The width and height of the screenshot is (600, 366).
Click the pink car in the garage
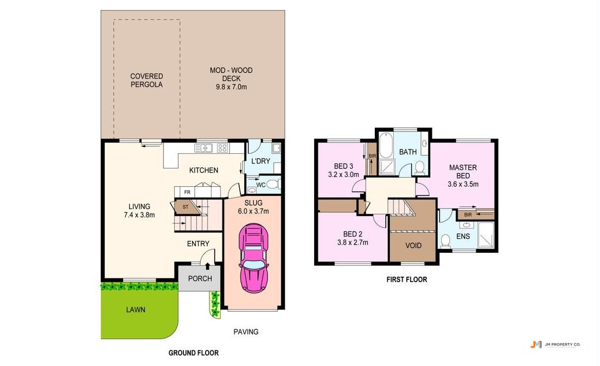tap(253, 258)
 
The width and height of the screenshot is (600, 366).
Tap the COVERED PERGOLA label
tap(146, 80)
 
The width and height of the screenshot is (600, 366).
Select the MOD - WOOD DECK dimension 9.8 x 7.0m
tap(231, 87)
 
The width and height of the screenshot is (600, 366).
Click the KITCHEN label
tap(203, 170)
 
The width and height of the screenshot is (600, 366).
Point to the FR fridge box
tap(187, 192)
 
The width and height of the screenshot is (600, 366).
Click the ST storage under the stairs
tap(186, 207)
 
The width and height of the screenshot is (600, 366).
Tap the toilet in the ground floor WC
tap(272, 185)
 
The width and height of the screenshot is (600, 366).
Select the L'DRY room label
tap(260, 161)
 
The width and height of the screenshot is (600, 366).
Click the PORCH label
tap(200, 278)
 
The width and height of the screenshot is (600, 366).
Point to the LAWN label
tap(136, 310)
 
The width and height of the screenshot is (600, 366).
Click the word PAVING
tap(246, 331)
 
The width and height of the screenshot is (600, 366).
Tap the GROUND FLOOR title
tap(194, 353)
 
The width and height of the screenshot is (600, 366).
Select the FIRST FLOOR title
tap(406, 279)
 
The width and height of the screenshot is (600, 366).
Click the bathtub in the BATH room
tap(386, 145)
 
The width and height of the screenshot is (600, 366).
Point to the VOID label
tap(413, 246)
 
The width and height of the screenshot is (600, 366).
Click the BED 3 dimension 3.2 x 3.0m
tap(343, 174)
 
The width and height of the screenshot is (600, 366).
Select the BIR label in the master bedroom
tap(468, 215)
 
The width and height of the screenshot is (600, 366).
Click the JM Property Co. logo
tap(555, 344)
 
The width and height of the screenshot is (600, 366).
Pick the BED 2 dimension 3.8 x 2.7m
tap(353, 242)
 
